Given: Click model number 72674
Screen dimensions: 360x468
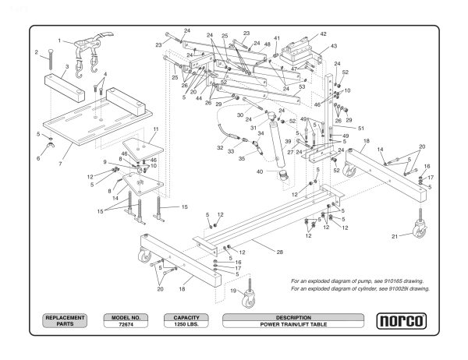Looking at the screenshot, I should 125,324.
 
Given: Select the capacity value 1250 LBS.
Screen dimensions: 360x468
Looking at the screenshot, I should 186,324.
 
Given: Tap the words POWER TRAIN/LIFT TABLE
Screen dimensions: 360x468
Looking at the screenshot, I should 293,324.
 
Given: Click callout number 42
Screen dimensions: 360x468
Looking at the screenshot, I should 323,34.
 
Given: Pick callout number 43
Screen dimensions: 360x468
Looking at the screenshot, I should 334,47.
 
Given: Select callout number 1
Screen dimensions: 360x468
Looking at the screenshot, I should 59,40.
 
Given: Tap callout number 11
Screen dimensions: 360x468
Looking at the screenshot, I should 155,129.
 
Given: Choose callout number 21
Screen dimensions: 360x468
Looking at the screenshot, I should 395,236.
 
